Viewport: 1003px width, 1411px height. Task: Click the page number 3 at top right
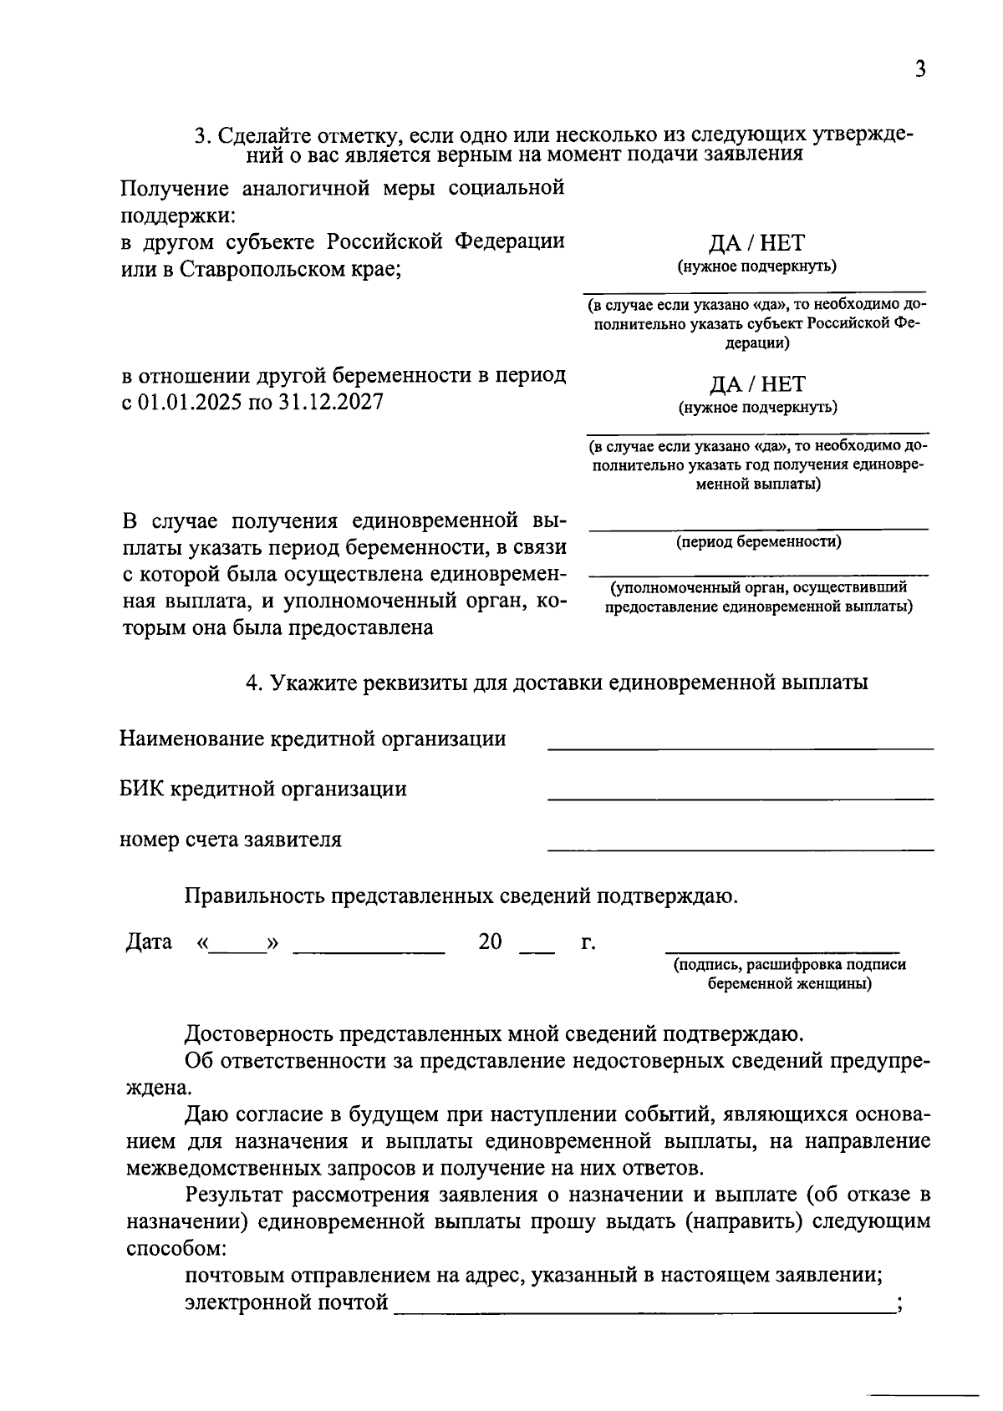(x=920, y=69)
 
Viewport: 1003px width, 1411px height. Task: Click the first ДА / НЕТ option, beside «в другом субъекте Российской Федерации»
(x=756, y=243)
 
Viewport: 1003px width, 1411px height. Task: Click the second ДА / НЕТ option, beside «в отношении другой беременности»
(x=756, y=384)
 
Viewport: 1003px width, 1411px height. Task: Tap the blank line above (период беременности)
(x=758, y=527)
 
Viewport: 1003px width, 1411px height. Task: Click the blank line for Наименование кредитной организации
(x=740, y=748)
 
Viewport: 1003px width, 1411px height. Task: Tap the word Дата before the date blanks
(x=149, y=942)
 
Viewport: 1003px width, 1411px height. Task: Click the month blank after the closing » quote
(x=369, y=950)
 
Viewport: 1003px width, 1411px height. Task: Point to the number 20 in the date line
(x=490, y=942)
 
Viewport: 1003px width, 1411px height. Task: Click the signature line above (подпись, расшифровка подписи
(x=782, y=950)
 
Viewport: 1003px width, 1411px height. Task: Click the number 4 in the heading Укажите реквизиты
(x=252, y=683)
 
